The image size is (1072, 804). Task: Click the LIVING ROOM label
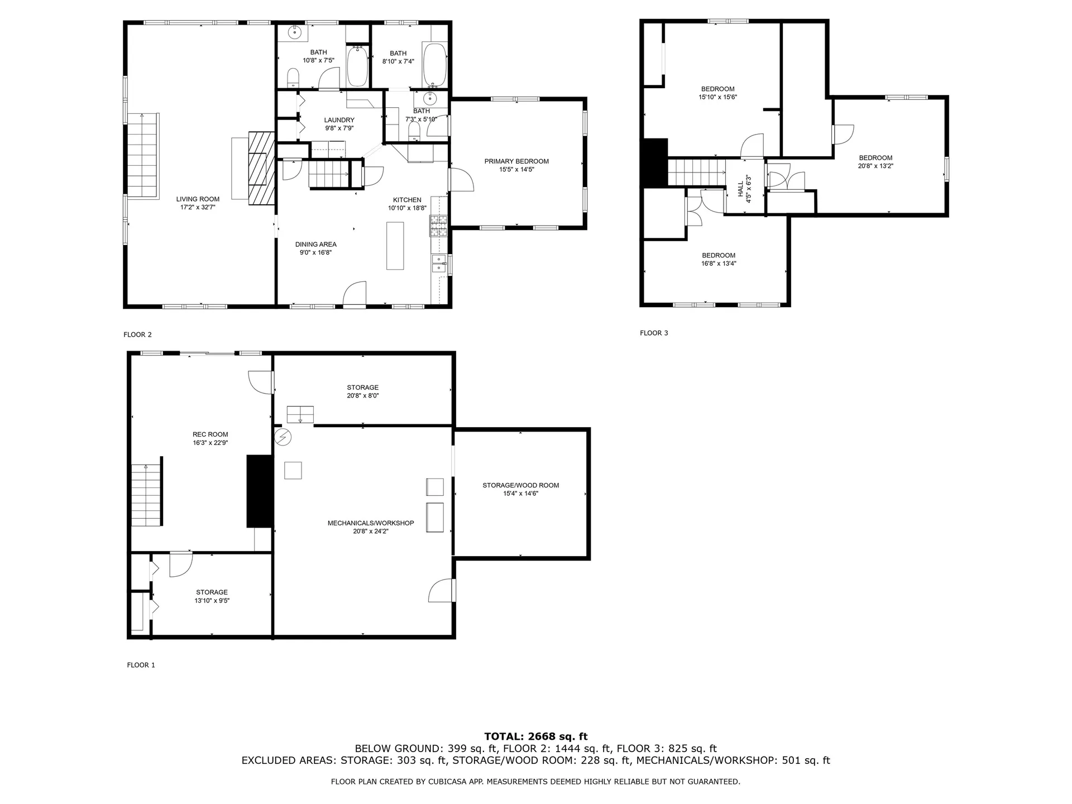[x=198, y=199]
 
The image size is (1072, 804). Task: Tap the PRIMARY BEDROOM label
[x=516, y=161]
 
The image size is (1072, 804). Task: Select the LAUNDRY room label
[x=339, y=120]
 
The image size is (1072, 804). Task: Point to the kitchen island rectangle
[x=395, y=246]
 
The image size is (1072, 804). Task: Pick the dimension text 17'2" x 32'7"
[x=198, y=207]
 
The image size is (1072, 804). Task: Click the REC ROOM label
[x=210, y=434]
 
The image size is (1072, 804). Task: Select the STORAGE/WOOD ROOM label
[x=521, y=485]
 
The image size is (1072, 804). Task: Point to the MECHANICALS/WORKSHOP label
[x=371, y=523]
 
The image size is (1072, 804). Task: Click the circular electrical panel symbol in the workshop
[x=283, y=437]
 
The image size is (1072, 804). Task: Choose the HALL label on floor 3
[x=741, y=188]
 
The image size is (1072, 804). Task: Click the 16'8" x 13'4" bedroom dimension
[x=719, y=264]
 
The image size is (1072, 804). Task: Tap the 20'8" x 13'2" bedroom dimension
[x=875, y=166]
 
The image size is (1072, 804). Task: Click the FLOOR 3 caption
[x=654, y=333]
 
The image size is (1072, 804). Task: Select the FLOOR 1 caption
[x=141, y=665]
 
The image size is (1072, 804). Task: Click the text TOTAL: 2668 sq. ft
[x=536, y=736]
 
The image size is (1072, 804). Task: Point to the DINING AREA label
[x=316, y=244]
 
